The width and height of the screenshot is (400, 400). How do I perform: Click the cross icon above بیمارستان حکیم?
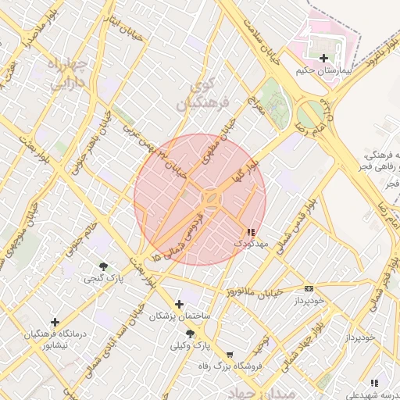324,58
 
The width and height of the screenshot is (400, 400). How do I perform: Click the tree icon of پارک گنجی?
103,267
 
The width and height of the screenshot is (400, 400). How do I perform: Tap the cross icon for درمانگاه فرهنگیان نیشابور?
55,322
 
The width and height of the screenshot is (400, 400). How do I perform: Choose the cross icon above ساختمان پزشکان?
180,304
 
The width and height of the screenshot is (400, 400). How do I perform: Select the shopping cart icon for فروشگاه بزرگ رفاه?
230,354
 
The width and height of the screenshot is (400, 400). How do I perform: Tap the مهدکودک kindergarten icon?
250,232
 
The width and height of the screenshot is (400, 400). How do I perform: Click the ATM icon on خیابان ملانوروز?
309,288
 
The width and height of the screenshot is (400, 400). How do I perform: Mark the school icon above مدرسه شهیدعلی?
374,383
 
